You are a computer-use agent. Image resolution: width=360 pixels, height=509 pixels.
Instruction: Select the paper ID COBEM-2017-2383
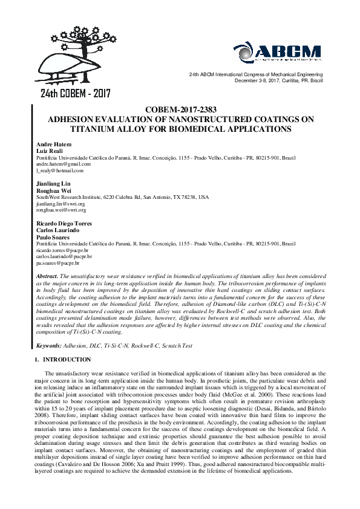(180, 110)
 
